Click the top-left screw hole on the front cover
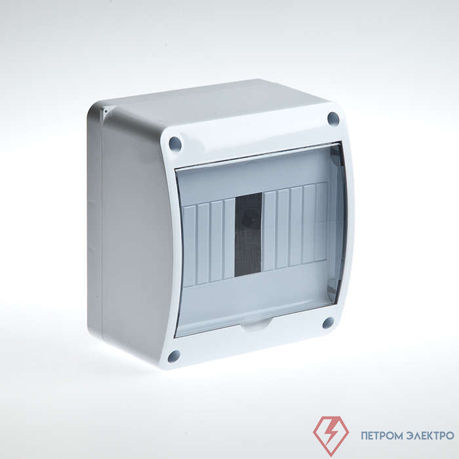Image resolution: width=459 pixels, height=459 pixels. coord(175,144)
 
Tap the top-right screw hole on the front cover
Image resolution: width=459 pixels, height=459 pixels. coord(333,119)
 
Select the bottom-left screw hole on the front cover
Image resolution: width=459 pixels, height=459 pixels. coord(174,355)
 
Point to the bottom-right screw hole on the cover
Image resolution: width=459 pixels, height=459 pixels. coord(328,323)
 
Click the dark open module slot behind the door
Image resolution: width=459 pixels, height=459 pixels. coord(249,235)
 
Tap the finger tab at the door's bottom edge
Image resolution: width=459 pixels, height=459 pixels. coord(255,325)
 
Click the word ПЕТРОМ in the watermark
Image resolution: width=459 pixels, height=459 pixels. coord(380,435)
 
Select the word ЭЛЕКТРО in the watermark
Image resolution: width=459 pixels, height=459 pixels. coord(430,435)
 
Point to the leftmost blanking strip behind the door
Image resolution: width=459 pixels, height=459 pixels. coord(189,246)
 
